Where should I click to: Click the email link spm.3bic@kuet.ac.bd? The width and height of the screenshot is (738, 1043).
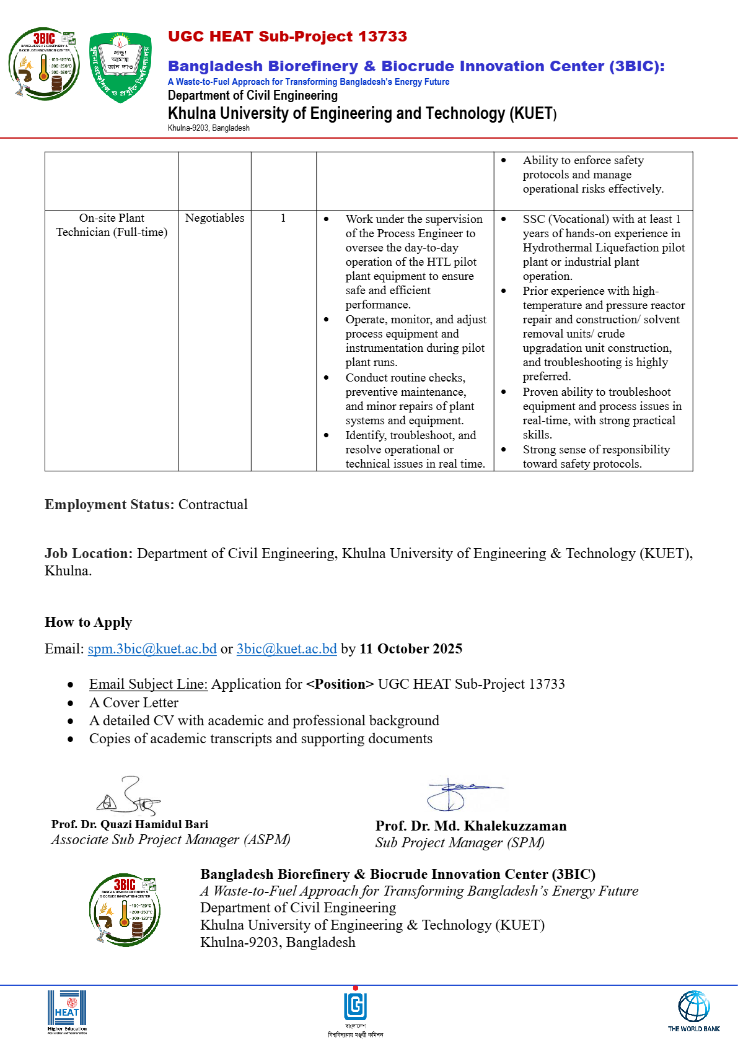pyautogui.click(x=152, y=648)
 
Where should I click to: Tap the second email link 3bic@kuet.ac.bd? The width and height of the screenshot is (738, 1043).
pyautogui.click(x=286, y=648)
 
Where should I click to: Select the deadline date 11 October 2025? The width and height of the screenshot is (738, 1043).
pyautogui.click(x=411, y=648)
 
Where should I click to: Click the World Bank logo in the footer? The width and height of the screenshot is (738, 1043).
pyautogui.click(x=693, y=1010)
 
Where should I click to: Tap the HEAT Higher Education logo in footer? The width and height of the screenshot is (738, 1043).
pyautogui.click(x=67, y=1011)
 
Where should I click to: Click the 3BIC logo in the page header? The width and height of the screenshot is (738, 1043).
pyautogui.click(x=44, y=64)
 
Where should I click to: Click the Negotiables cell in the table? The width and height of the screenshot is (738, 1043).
pyautogui.click(x=214, y=218)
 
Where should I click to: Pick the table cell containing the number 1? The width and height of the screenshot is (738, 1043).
pyautogui.click(x=283, y=218)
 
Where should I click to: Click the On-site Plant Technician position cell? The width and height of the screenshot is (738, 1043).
pyautogui.click(x=112, y=225)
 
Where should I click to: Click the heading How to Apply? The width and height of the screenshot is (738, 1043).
pyautogui.click(x=88, y=622)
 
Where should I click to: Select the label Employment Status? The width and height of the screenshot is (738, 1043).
pyautogui.click(x=109, y=504)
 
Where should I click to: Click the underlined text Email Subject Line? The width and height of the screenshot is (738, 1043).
pyautogui.click(x=148, y=684)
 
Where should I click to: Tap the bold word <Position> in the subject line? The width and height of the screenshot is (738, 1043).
pyautogui.click(x=340, y=684)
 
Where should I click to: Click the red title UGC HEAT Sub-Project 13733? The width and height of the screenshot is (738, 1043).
pyautogui.click(x=288, y=37)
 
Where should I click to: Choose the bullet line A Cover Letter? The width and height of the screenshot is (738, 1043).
pyautogui.click(x=134, y=702)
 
